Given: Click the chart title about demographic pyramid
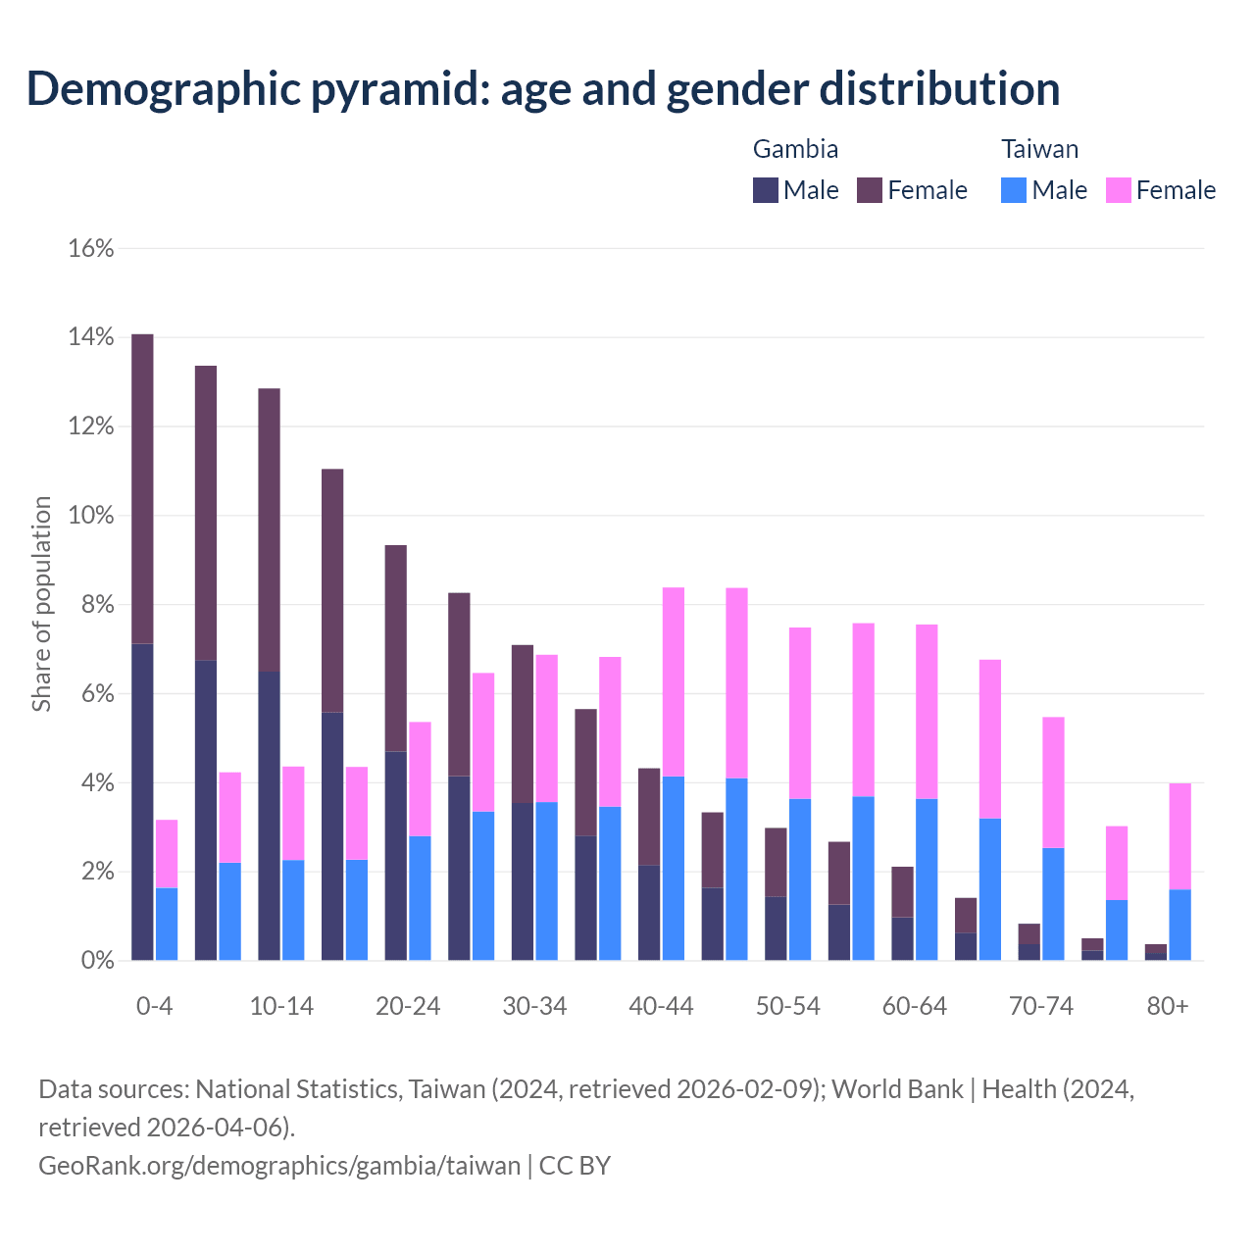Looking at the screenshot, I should (543, 88).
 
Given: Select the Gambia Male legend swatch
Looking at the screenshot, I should (766, 190).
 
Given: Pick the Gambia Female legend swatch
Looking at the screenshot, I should (870, 190).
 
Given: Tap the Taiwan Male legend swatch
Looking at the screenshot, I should (1014, 190).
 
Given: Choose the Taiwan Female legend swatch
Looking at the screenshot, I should (1119, 190).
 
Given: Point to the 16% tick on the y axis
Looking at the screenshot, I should (91, 249).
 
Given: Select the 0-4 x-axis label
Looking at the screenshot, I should (155, 1007).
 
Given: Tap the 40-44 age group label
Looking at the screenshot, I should (661, 1007).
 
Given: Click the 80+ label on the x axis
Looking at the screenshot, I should (1168, 1007).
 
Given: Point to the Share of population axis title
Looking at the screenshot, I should (42, 604).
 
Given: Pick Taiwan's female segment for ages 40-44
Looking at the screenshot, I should (674, 681).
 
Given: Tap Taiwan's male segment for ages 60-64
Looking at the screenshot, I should (927, 879).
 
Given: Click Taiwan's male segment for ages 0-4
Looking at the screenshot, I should (167, 924).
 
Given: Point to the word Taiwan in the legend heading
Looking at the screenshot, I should (1039, 149).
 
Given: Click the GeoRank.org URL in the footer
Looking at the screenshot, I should (279, 1166).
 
